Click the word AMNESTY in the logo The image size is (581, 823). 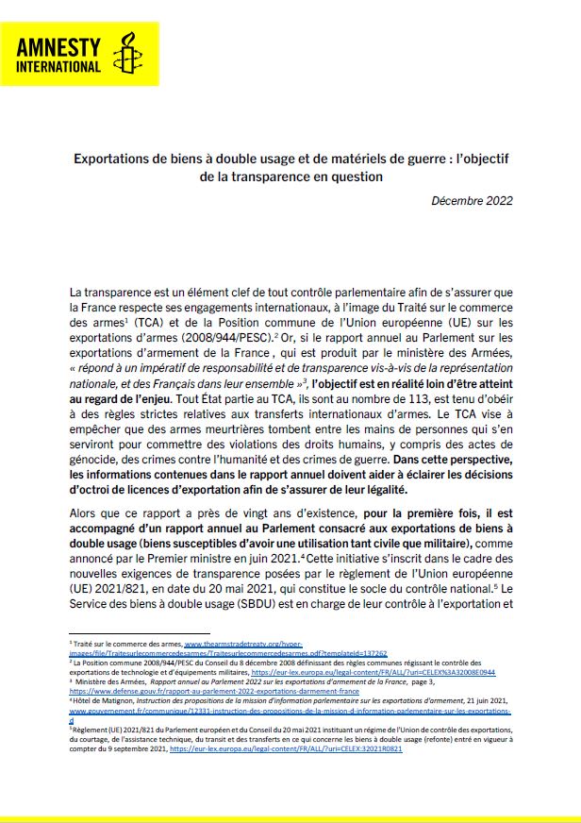pyautogui.click(x=58, y=44)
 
